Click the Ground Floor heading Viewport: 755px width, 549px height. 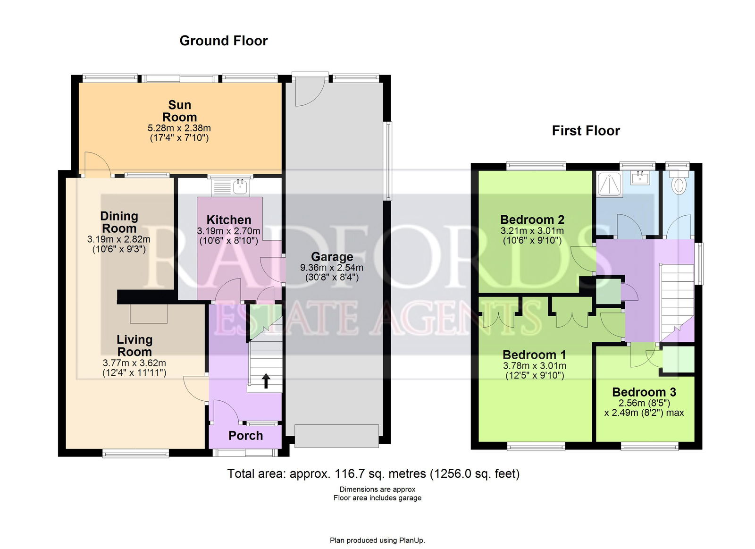224,41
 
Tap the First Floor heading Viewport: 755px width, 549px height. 586,131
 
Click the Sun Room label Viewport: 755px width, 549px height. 180,111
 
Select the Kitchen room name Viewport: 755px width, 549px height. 229,220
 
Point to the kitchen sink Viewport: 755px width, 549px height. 240,186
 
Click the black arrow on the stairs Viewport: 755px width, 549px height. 266,381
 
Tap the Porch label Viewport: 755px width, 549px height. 246,436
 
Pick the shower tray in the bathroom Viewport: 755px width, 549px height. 609,184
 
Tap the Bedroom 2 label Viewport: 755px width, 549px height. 532,220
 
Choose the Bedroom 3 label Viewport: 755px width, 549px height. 644,392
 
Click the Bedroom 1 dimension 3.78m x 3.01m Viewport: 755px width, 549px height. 535,366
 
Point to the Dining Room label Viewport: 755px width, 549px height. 119,222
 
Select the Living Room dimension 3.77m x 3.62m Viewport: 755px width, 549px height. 134,363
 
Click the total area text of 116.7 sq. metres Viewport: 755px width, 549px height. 373,474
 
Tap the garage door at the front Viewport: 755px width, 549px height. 336,436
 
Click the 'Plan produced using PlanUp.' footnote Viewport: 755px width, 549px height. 377,540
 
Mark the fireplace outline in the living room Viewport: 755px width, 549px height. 149,313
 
